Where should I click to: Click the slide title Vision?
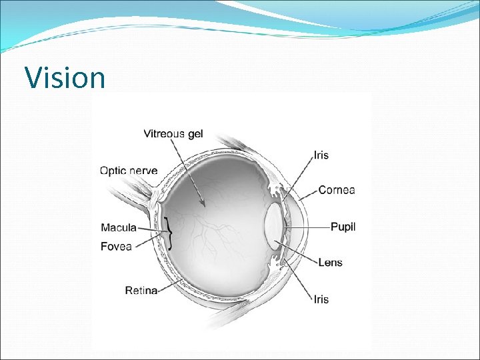(x=65, y=77)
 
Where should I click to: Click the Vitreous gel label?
(x=173, y=134)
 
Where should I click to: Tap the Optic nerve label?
(x=129, y=171)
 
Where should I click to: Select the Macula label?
(x=119, y=228)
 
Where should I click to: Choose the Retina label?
(x=141, y=290)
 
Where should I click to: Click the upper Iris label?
(x=321, y=155)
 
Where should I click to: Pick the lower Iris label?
(x=321, y=299)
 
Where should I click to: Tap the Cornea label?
(x=337, y=190)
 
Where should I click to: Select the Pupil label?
(x=343, y=227)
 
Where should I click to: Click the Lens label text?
(x=330, y=262)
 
